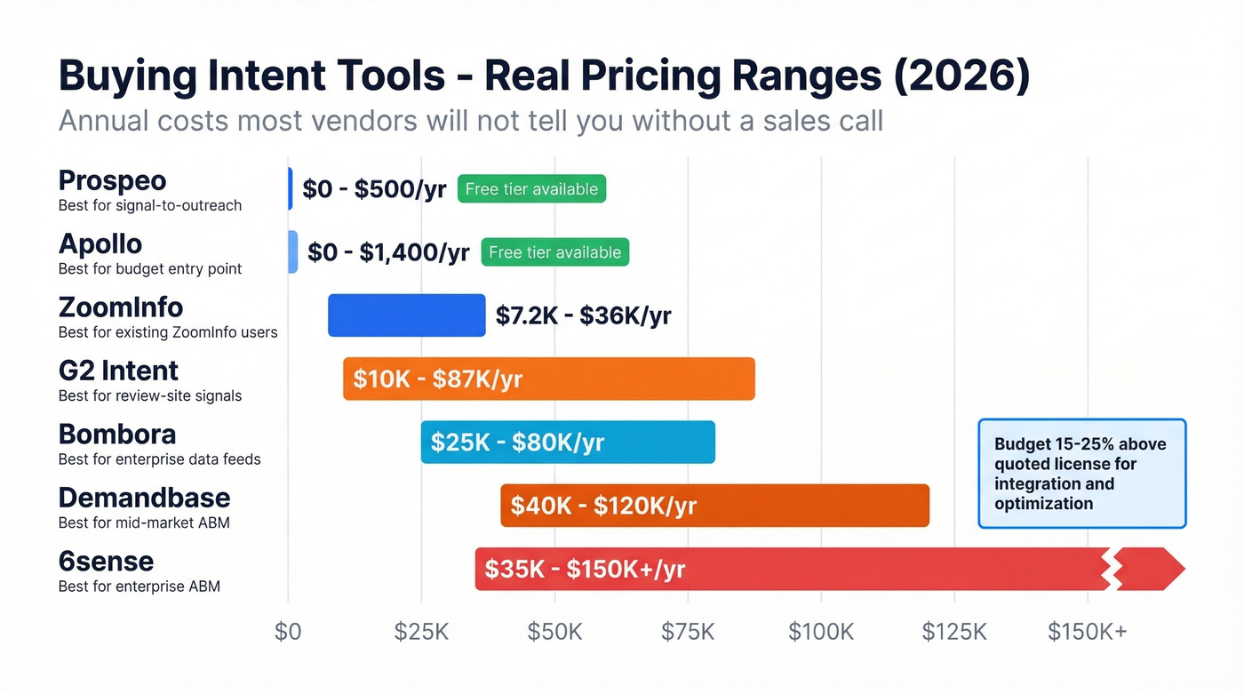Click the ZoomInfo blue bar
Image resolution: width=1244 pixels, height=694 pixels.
point(406,315)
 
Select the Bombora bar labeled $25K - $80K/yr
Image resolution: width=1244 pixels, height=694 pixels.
point(567,443)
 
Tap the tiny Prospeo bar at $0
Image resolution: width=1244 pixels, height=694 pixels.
point(290,188)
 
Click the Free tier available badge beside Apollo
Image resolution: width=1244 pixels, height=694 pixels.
point(554,252)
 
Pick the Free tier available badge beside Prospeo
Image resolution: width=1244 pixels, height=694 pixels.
point(531,189)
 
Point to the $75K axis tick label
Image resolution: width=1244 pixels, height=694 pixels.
point(688,632)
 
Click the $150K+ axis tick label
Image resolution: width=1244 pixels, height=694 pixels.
point(1087,632)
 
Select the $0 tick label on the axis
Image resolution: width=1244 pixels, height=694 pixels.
point(288,632)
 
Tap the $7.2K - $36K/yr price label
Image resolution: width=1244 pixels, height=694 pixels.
point(583,315)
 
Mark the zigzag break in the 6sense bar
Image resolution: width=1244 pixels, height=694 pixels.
point(1111,569)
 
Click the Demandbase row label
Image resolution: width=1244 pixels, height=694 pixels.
point(144,498)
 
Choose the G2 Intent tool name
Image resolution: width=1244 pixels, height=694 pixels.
point(118,371)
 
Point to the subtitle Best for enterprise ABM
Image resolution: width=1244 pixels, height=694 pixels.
point(139,586)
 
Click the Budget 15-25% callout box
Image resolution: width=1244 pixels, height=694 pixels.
point(1081,474)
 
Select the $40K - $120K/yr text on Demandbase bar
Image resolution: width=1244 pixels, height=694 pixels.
point(603,507)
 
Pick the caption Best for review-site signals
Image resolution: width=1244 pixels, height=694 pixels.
point(149,395)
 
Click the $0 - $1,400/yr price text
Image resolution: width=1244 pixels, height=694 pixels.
point(388,252)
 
